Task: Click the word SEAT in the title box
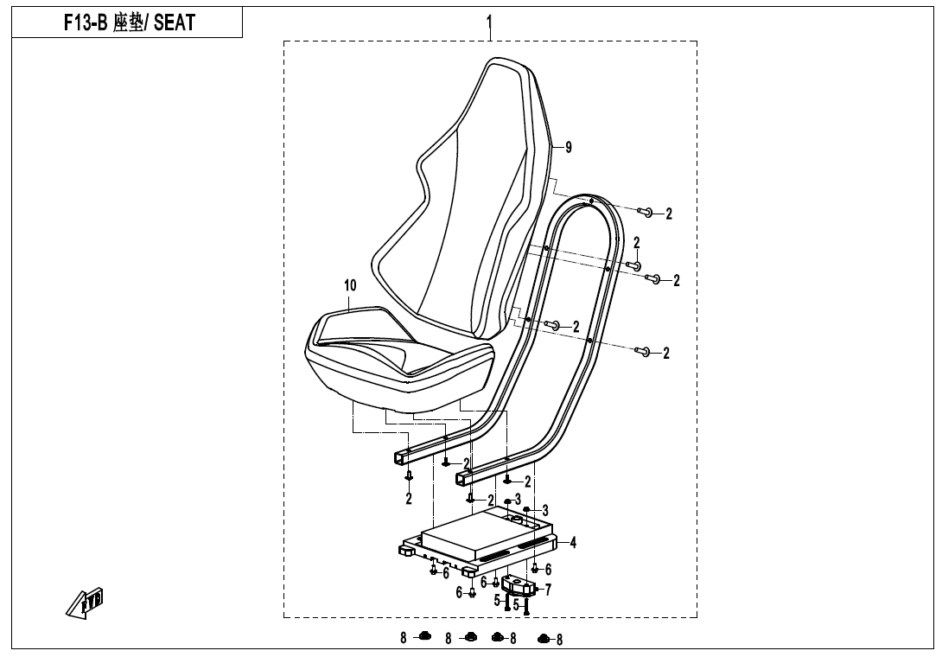click(174, 23)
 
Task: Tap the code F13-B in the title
click(86, 23)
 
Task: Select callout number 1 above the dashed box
click(490, 20)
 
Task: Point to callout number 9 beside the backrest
click(568, 147)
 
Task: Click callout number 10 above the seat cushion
click(349, 284)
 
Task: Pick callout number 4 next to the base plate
click(573, 543)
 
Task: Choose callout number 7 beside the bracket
click(547, 590)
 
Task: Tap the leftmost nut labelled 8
click(424, 637)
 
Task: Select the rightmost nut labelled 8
click(543, 639)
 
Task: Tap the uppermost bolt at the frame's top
click(646, 213)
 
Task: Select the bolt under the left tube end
click(410, 475)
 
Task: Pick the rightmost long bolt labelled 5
click(525, 606)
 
